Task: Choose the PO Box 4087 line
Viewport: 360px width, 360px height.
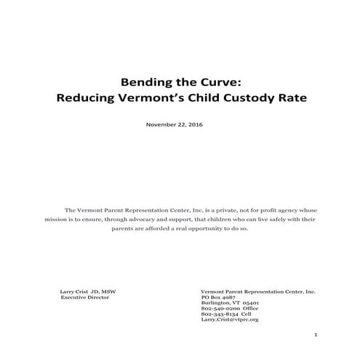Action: tap(219, 297)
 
